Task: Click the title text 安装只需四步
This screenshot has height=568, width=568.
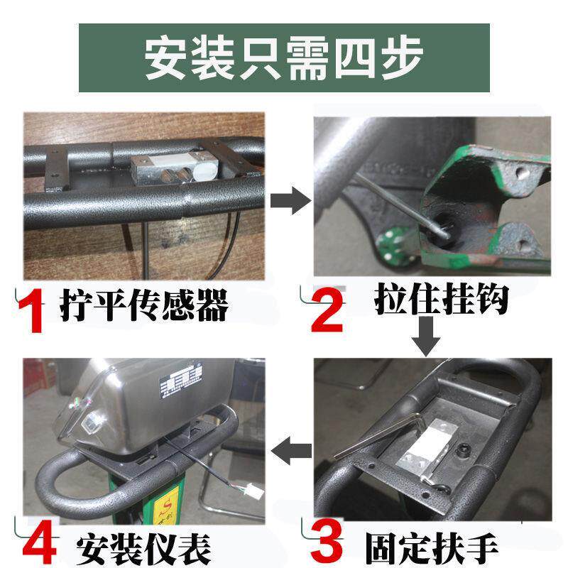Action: (284, 58)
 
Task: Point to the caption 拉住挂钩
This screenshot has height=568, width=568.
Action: (440, 301)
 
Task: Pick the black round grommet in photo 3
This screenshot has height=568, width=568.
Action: (466, 449)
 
